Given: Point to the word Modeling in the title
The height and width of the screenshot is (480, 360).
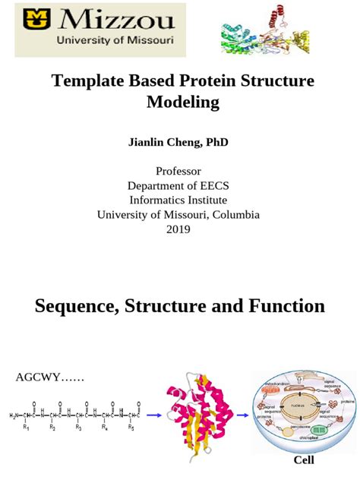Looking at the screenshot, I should coord(182,102).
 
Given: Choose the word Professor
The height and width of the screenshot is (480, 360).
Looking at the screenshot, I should coord(178,171).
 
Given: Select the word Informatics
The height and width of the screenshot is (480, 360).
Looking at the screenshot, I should coord(159,200).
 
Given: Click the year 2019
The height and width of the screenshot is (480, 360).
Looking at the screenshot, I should coord(178,229).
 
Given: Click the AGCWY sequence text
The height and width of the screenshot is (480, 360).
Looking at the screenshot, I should coord(49,377).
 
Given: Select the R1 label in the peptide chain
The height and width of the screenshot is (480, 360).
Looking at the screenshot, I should coord(26,428).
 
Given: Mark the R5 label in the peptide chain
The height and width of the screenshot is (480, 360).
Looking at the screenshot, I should coord(131,428).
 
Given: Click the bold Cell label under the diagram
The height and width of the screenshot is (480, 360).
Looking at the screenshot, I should coord(303,460).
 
